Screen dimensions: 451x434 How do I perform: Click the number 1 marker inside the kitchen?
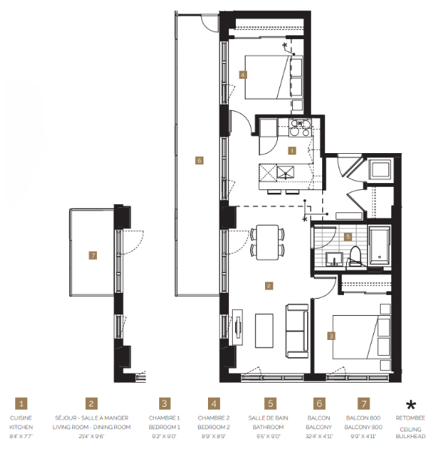292,150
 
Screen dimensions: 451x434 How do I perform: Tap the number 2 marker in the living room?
268,285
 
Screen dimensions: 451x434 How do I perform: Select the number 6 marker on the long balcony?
198,160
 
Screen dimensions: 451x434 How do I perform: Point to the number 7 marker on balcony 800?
92,256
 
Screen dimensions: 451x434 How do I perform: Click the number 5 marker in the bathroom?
348,236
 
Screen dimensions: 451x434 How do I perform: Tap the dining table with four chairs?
268,241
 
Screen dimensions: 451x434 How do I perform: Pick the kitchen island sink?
285,173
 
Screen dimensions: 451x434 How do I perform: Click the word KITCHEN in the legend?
22,427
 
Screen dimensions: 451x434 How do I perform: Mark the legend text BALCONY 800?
363,427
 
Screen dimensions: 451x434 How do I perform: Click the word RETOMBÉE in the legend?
411,418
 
